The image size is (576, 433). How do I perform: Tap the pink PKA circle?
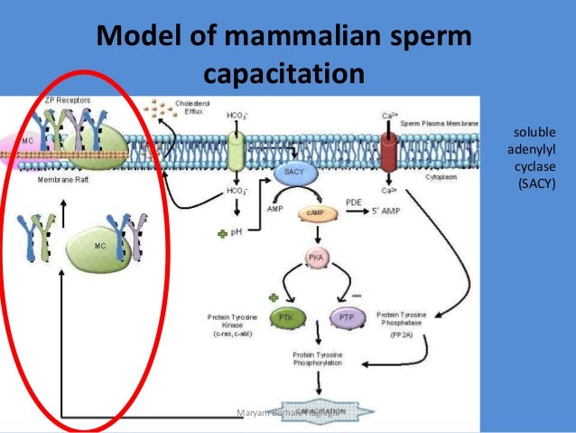pos(315,258)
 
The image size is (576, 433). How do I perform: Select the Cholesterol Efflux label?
pos(190,108)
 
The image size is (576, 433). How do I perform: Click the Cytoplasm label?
pos(442,177)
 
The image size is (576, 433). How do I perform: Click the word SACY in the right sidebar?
pos(531,186)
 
